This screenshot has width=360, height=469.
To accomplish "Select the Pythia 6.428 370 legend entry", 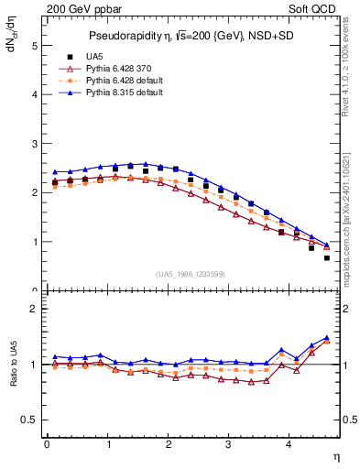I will (x=119, y=69).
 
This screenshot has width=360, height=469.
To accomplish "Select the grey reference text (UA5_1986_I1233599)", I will (x=193, y=275).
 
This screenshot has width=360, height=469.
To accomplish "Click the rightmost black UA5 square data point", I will (x=327, y=258).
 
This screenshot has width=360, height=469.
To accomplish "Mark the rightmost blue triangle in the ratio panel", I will (x=327, y=337).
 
